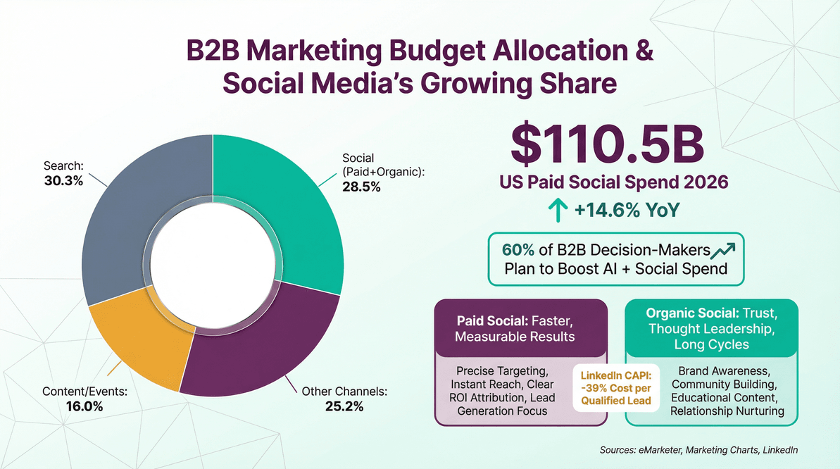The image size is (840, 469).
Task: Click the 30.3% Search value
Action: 63,181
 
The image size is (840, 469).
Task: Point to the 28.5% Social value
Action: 361,187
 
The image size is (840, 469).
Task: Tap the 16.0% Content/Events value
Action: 84,406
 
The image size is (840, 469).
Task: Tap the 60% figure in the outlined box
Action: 518,250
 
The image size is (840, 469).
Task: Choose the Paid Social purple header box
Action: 521,327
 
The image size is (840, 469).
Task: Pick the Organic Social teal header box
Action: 711,327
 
